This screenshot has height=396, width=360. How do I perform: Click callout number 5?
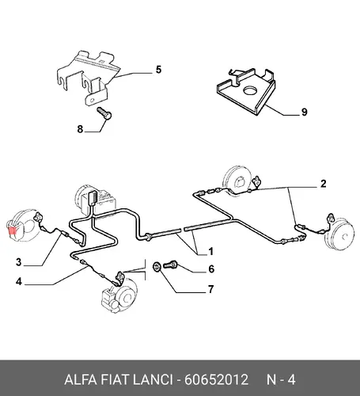pyautogui.click(x=158, y=70)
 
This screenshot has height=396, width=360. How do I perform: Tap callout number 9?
pyautogui.click(x=305, y=112)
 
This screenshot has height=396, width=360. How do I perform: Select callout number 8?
pyautogui.click(x=80, y=129)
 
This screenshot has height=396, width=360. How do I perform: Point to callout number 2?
pyautogui.click(x=324, y=184)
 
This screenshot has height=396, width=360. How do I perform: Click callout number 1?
pyautogui.click(x=210, y=251)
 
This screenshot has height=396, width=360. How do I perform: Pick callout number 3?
pyautogui.click(x=18, y=262)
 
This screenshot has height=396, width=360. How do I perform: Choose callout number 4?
pyautogui.click(x=18, y=281)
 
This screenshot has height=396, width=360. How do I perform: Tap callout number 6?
pyautogui.click(x=211, y=268)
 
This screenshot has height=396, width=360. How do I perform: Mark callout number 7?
pyautogui.click(x=210, y=289)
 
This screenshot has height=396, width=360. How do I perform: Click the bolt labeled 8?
pyautogui.click(x=104, y=113)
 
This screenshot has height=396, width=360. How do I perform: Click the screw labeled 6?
pyautogui.click(x=170, y=264)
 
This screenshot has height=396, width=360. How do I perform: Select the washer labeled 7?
pyautogui.click(x=157, y=266)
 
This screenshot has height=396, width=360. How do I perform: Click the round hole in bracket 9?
pyautogui.click(x=250, y=90)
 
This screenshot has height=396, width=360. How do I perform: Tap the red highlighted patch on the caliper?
pyautogui.click(x=13, y=231)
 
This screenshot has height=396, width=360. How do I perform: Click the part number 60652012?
pyautogui.click(x=216, y=379)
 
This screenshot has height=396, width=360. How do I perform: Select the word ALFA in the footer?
pyautogui.click(x=81, y=379)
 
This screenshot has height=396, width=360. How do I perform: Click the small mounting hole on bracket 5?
pyautogui.click(x=92, y=101)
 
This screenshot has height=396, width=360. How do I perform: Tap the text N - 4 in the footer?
pyautogui.click(x=281, y=379)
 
